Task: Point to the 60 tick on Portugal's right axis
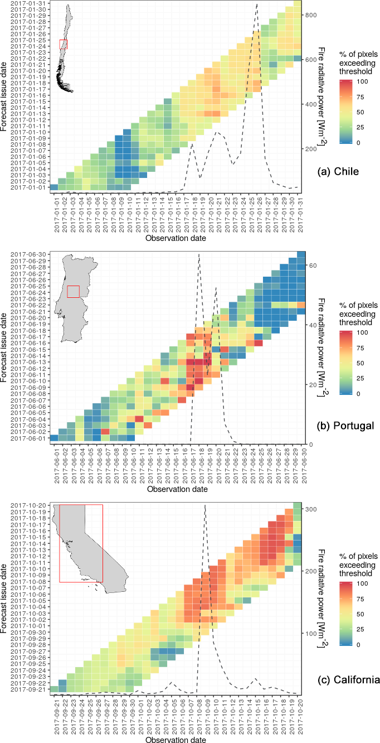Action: [x=313, y=266]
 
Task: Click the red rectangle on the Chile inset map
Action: [x=63, y=44]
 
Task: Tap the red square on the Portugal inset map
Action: [x=74, y=292]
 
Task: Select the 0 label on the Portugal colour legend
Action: [x=357, y=393]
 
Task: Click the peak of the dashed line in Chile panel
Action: [x=257, y=4]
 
